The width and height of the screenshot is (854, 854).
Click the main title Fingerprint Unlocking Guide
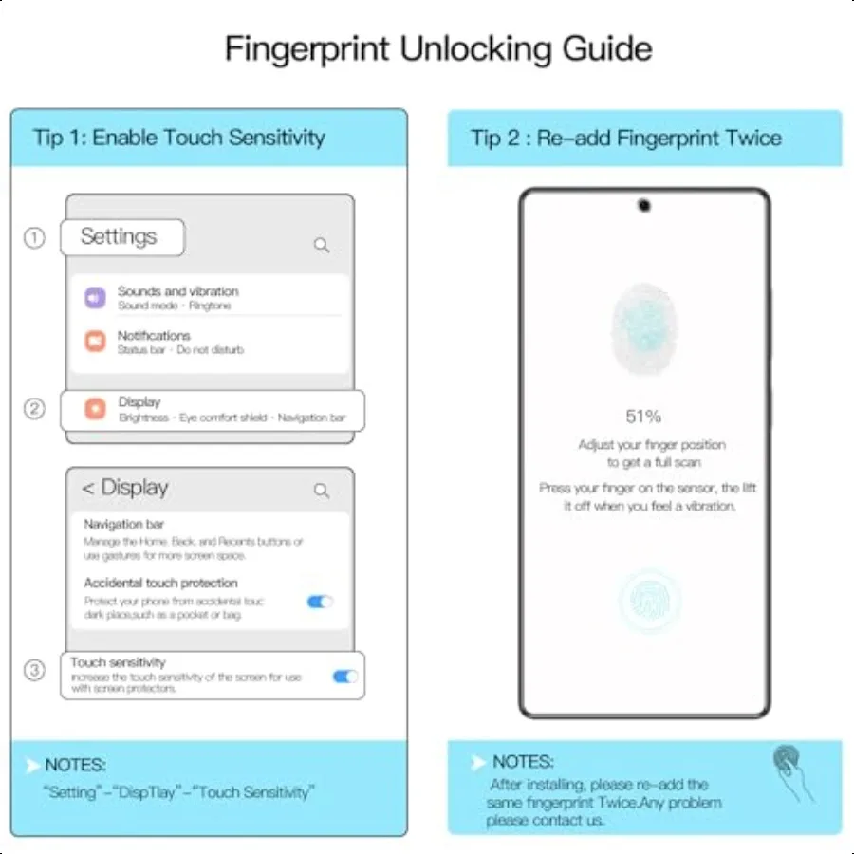[x=437, y=48]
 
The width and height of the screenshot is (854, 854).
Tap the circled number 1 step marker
[x=34, y=238]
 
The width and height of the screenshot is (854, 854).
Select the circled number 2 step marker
[x=34, y=409]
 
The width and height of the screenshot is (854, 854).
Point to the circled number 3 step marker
[x=34, y=671]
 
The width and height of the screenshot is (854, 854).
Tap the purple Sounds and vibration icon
[x=95, y=298]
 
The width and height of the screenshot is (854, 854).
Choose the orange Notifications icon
[x=95, y=342]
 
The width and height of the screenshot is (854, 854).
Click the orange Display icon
[x=95, y=409]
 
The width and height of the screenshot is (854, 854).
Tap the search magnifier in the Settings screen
[x=322, y=245]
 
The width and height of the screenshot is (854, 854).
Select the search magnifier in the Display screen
[x=322, y=491]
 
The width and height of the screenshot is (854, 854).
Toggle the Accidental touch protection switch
[x=320, y=602]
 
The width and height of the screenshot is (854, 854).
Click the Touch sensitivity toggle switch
[x=344, y=677]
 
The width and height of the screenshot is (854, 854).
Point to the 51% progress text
[x=643, y=417]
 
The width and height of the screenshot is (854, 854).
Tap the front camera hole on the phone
[x=644, y=205]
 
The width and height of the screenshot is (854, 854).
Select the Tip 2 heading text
[x=626, y=139]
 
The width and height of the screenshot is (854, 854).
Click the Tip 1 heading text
[x=179, y=137]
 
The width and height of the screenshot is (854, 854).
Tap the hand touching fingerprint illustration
[x=791, y=771]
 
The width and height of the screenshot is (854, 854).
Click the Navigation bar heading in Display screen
[x=124, y=524]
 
